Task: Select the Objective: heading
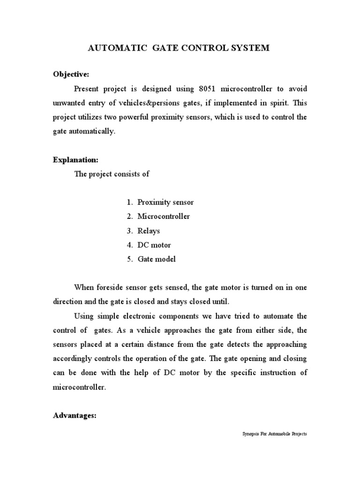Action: point(70,75)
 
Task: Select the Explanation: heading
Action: point(75,160)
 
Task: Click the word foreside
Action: point(111,287)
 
